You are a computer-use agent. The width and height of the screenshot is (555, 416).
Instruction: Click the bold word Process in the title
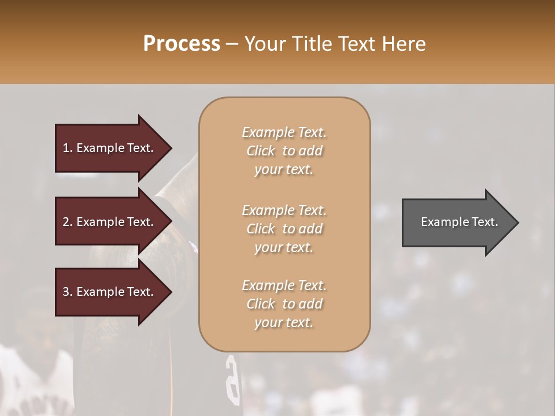182,43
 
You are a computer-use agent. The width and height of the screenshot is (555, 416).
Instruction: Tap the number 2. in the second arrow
68,222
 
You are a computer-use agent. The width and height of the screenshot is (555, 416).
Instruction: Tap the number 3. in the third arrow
68,292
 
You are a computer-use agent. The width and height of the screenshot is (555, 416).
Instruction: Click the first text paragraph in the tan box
284,151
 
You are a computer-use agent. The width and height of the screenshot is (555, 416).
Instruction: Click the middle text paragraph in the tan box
284,229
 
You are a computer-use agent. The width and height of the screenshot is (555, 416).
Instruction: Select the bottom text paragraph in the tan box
284,304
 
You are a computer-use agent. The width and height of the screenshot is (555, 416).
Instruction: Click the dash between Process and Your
232,44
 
